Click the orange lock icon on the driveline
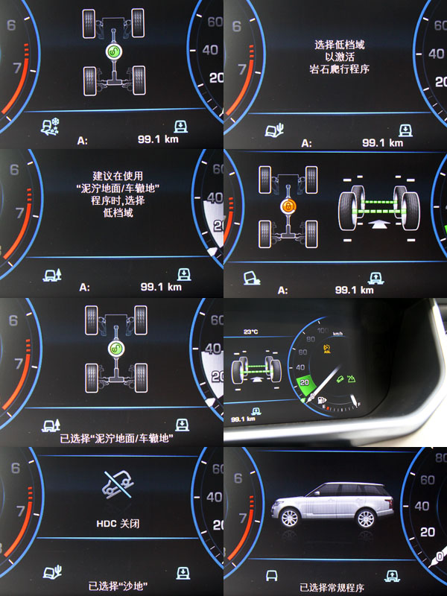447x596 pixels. pyautogui.click(x=288, y=206)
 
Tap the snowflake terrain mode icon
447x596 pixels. pyautogui.click(x=51, y=127)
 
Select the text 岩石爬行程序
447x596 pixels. pyautogui.click(x=340, y=69)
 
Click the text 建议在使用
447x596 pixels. pyautogui.click(x=118, y=176)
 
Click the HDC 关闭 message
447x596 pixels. pyautogui.click(x=118, y=524)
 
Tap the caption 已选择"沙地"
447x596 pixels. pyautogui.click(x=118, y=586)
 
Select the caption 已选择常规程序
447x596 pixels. pyautogui.click(x=332, y=588)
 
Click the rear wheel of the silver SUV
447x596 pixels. pyautogui.click(x=365, y=519)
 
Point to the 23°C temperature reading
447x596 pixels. pyautogui.click(x=250, y=332)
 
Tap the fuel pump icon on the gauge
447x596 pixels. pyautogui.click(x=322, y=400)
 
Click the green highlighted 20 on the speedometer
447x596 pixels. pyautogui.click(x=305, y=382)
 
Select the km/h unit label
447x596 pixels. pyautogui.click(x=337, y=334)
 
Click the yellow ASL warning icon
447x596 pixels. pyautogui.click(x=327, y=349)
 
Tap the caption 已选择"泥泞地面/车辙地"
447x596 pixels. pyautogui.click(x=117, y=438)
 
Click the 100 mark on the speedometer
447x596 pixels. pyautogui.click(x=323, y=330)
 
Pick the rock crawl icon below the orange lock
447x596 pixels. pyautogui.click(x=252, y=278)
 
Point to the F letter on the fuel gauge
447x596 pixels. pyautogui.click(x=358, y=404)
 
